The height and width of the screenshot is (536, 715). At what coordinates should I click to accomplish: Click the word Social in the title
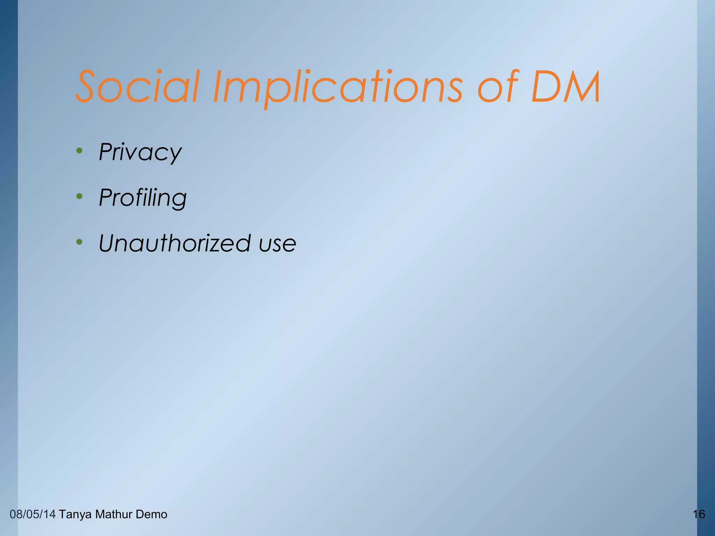click(138, 86)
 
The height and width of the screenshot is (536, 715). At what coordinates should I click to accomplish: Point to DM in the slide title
click(566, 87)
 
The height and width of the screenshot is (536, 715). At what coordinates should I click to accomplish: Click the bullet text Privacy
click(140, 152)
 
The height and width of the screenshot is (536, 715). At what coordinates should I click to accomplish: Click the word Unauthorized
click(175, 243)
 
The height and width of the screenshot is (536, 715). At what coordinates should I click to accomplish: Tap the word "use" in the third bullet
click(278, 244)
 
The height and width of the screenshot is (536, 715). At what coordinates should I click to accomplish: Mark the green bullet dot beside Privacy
click(80, 151)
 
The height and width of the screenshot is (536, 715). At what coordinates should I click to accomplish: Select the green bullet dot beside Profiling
click(80, 196)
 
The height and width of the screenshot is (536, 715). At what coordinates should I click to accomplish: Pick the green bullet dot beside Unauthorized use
click(80, 242)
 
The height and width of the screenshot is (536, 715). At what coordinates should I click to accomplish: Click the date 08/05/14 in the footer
click(32, 514)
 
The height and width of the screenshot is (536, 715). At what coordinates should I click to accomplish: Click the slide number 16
click(699, 514)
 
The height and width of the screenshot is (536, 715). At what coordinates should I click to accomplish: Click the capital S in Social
click(87, 86)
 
